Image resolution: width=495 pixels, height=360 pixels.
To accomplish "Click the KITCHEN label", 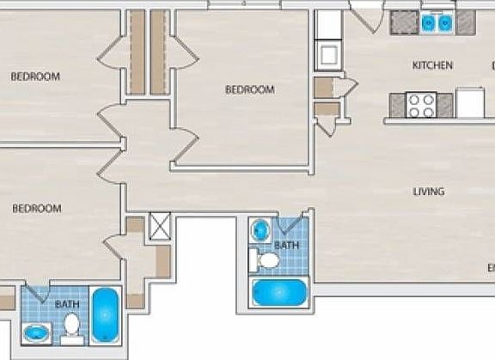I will pos(432,65).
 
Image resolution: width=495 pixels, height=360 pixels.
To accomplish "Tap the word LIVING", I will pos(428,192).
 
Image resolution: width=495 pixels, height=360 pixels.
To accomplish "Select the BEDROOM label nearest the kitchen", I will pos(249,89).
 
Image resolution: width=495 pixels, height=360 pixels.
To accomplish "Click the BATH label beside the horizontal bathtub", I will pos(287,246).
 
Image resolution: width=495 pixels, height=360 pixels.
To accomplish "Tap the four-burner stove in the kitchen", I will pos(421,105).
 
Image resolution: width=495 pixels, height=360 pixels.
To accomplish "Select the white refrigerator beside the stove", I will pos(470,103).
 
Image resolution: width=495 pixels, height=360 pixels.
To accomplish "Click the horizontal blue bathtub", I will pos(278,292).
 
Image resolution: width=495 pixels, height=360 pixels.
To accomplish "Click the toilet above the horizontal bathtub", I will pos(268,259).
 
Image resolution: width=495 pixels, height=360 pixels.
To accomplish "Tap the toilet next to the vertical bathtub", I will pos(72,326).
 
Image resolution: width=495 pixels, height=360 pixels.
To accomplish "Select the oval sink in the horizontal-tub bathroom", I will pos(260,229).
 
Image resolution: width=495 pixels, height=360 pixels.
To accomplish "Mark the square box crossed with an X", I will pos(161,225).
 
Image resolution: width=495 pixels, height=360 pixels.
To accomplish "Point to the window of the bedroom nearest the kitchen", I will pos(233,4).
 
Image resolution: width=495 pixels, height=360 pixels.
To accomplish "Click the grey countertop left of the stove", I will pos(398,105).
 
